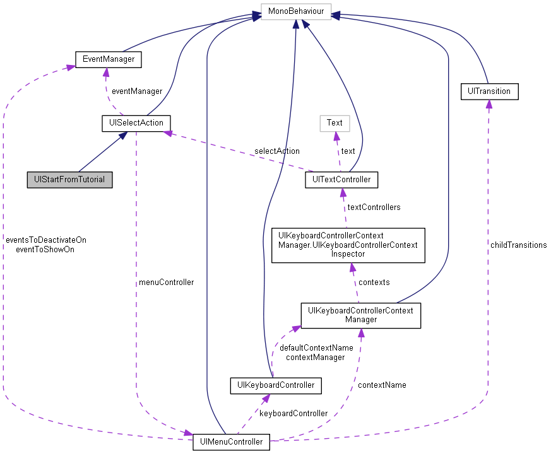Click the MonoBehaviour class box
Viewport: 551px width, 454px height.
pyautogui.click(x=295, y=12)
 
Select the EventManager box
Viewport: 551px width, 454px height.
pyautogui.click(x=108, y=60)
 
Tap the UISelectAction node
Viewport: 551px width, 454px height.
pyautogui.click(x=136, y=123)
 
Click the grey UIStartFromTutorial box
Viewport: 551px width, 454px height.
pyautogui.click(x=69, y=179)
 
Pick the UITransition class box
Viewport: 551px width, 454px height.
pyautogui.click(x=489, y=91)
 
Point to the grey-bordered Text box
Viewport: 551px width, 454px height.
pyautogui.click(x=335, y=123)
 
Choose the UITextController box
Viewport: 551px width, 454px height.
pyautogui.click(x=341, y=180)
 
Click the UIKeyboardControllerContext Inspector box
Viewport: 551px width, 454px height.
pyautogui.click(x=348, y=245)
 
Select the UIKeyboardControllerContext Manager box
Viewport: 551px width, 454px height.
pyautogui.click(x=360, y=315)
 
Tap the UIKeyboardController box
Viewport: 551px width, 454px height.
pyautogui.click(x=276, y=385)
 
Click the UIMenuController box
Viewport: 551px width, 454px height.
pyautogui.click(x=232, y=441)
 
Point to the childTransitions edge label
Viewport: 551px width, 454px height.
pyautogui.click(x=518, y=245)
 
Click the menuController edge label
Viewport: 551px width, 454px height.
pyautogui.click(x=166, y=282)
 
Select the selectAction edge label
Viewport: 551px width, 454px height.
pyautogui.click(x=277, y=151)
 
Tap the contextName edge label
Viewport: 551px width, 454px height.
pyautogui.click(x=382, y=385)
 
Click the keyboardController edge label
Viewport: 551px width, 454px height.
pyautogui.click(x=293, y=413)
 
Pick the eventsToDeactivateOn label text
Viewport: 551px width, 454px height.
pyautogui.click(x=45, y=240)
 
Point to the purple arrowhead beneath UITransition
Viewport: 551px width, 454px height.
pyautogui.click(x=489, y=105)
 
